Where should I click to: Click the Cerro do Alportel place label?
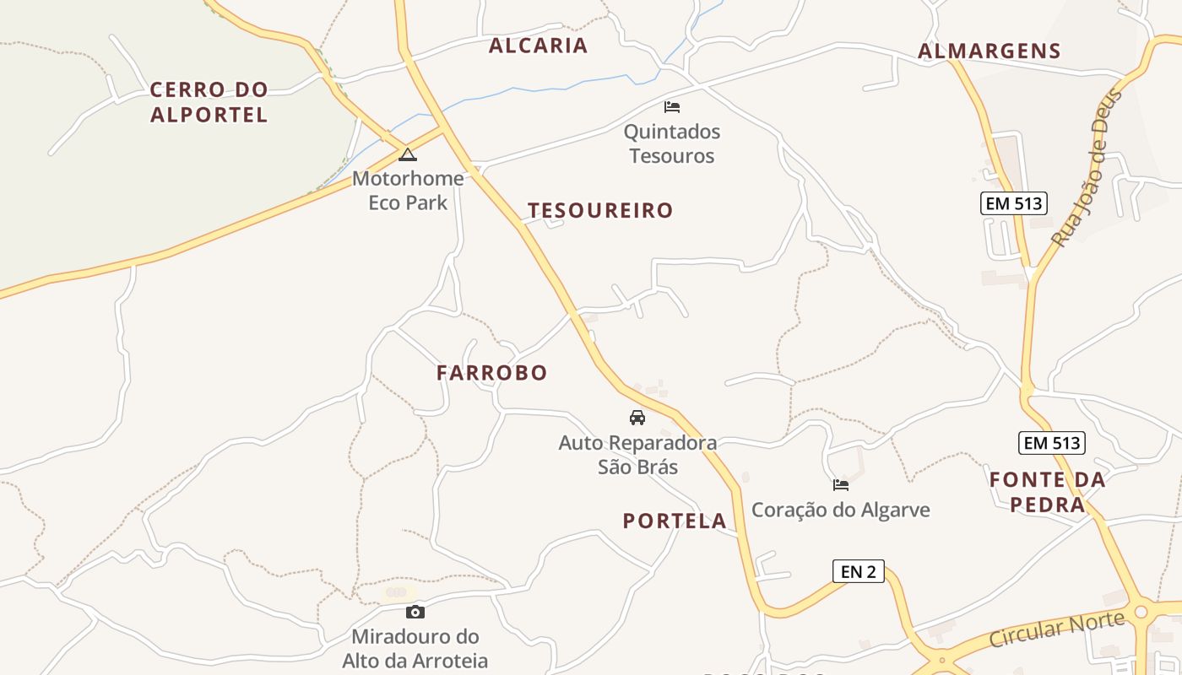pyautogui.click(x=209, y=102)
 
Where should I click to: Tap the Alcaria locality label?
pyautogui.click(x=538, y=46)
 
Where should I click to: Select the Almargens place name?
pyautogui.click(x=989, y=51)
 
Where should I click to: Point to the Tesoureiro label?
pyautogui.click(x=600, y=210)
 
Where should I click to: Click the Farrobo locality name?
pyautogui.click(x=491, y=372)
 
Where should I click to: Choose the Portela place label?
pyautogui.click(x=674, y=521)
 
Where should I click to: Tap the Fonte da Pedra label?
pyautogui.click(x=1047, y=492)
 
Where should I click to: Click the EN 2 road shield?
pyautogui.click(x=858, y=571)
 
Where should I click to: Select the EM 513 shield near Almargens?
pyautogui.click(x=1013, y=202)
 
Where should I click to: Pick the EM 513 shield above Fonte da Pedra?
pyautogui.click(x=1051, y=442)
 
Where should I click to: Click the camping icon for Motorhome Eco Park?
pyautogui.click(x=408, y=154)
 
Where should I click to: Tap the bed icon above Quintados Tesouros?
pyautogui.click(x=672, y=107)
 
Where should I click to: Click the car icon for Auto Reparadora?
pyautogui.click(x=637, y=417)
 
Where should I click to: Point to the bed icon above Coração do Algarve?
pyautogui.click(x=841, y=484)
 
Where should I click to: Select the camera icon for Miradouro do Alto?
pyautogui.click(x=415, y=612)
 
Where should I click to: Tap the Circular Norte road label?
pyautogui.click(x=1056, y=629)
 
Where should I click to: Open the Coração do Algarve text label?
pyautogui.click(x=840, y=510)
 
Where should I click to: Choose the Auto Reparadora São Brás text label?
pyautogui.click(x=637, y=454)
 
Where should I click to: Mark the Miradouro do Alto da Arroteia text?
pyautogui.click(x=415, y=648)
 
